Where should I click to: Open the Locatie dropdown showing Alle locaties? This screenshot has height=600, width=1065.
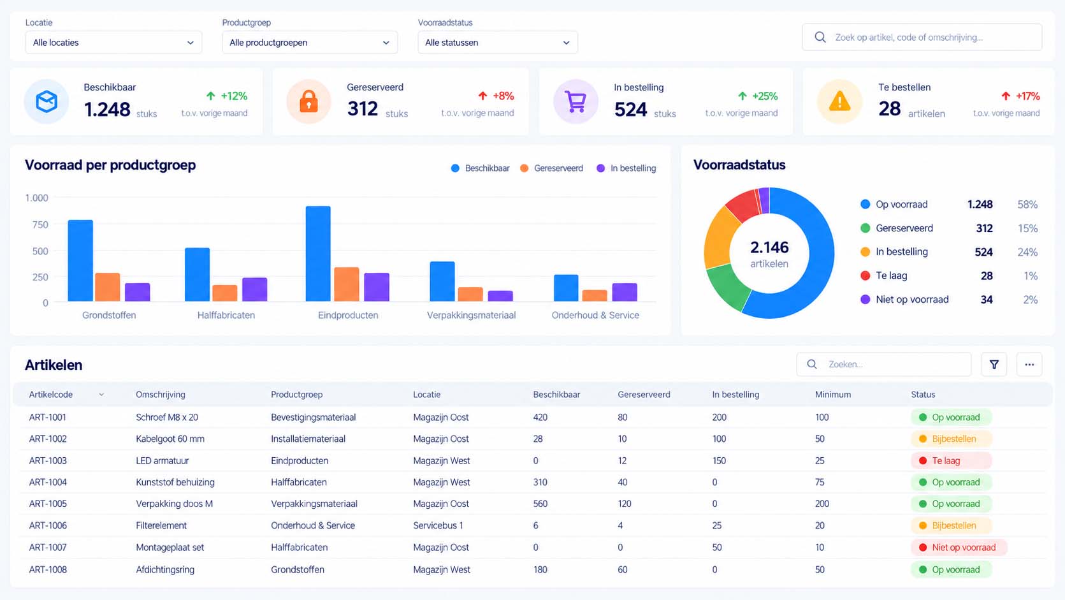pos(113,42)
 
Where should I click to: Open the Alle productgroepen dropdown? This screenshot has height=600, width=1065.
pos(310,42)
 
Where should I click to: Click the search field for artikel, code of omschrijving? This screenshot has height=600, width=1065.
pos(922,37)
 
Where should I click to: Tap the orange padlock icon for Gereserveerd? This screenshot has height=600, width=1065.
pos(308,101)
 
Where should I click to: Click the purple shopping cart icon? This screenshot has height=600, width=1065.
pos(576,101)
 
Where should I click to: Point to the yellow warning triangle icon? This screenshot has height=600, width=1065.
pos(839,101)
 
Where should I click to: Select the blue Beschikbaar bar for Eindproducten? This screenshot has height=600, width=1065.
pos(318,254)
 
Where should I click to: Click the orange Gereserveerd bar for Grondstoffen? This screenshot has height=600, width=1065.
pos(108,287)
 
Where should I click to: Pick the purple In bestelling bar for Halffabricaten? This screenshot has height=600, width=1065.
pos(255,289)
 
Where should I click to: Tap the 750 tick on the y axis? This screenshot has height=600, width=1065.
pos(40,224)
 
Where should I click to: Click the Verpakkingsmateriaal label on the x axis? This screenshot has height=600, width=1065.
pos(471,315)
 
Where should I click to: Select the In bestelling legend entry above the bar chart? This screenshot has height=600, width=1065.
pos(626,168)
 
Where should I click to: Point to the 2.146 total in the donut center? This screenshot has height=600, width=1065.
pos(769,247)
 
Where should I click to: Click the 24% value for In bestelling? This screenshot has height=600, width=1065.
pos(1027,252)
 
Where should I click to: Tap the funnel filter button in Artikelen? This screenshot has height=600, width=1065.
pos(994,365)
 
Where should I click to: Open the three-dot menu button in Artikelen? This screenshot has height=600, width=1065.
pos(1029,365)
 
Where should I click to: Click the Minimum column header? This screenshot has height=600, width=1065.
pos(833,395)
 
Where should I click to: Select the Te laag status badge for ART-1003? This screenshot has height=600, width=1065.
pos(951,460)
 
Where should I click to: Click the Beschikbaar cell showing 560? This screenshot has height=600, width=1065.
pos(540,504)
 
